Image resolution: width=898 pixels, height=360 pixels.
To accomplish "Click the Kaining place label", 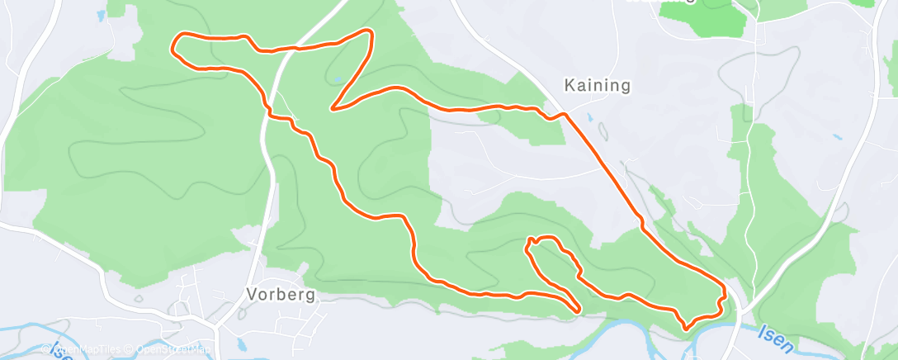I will (597, 85).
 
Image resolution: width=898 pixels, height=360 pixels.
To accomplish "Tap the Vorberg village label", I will (281, 295).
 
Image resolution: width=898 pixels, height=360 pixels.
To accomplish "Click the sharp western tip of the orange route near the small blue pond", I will (332, 108).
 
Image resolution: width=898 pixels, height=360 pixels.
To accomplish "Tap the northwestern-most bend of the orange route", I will (174, 43).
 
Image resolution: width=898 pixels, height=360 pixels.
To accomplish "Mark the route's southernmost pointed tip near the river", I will (686, 329).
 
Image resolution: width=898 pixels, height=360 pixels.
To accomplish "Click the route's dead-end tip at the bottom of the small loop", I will (579, 310).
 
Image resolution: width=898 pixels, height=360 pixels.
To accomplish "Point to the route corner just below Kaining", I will (564, 115).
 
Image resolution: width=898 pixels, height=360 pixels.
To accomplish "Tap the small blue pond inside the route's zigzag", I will (337, 81).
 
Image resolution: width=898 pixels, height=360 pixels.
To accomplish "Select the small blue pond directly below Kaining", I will (589, 117).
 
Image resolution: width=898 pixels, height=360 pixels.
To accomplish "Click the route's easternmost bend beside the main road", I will (725, 292).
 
